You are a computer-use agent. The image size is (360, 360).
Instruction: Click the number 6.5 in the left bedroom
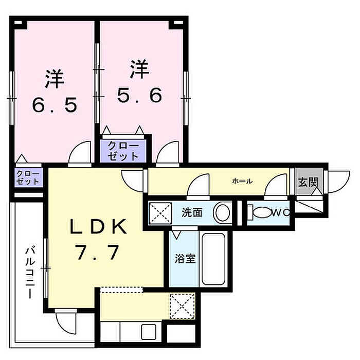[55, 105]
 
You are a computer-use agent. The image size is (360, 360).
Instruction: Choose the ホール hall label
[242, 181]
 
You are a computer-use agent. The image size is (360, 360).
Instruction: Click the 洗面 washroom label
[192, 212]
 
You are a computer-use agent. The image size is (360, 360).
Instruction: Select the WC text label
[280, 212]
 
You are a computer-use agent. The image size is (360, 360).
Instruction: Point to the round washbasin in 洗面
[223, 213]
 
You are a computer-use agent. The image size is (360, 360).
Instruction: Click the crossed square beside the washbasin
[161, 212]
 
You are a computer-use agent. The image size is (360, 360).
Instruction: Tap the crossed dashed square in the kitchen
[183, 305]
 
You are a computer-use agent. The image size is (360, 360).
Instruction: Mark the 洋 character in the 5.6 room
[139, 69]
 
